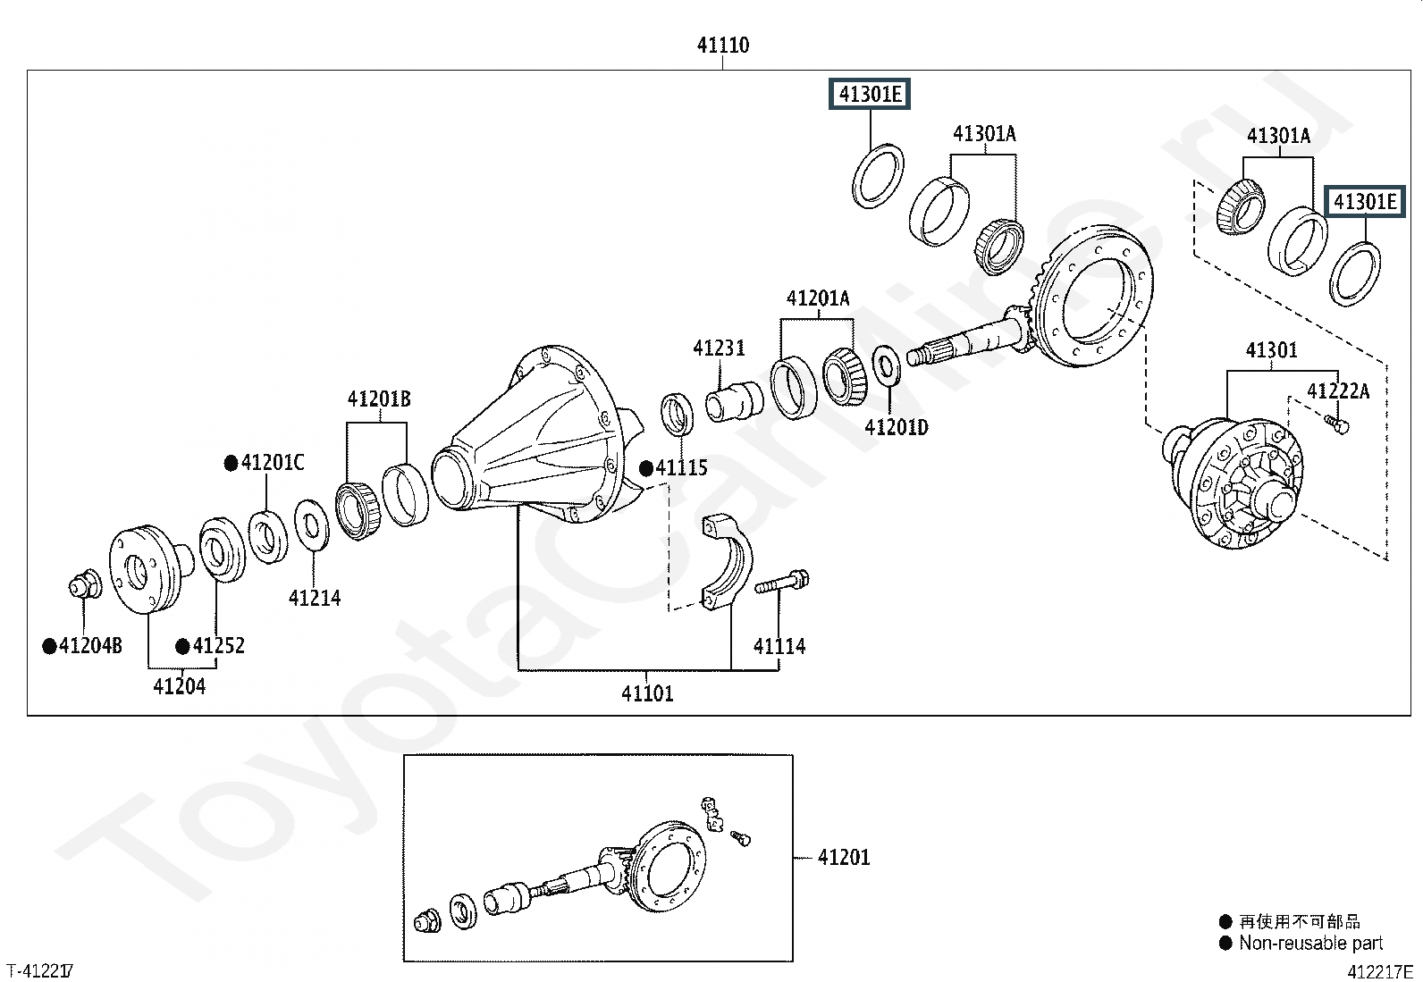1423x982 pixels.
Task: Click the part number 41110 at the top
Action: (723, 45)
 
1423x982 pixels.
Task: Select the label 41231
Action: (719, 348)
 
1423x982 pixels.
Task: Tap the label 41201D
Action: (897, 427)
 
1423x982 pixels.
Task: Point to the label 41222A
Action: (1338, 390)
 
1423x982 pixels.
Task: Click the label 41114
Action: (779, 646)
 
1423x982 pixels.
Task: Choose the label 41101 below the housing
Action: (647, 693)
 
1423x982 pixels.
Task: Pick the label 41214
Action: (315, 598)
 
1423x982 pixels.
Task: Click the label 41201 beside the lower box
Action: (844, 858)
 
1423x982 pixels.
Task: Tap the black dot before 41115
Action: (646, 469)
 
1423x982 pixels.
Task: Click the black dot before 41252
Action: (182, 647)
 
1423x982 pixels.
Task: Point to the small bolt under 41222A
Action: (1335, 424)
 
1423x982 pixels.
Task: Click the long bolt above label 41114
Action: (781, 582)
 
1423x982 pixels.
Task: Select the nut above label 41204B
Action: (85, 585)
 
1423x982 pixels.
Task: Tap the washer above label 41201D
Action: (886, 365)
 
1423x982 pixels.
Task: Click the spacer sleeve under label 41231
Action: (735, 401)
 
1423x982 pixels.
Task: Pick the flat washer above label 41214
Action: (312, 525)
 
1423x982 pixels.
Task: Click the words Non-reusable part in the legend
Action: (1310, 944)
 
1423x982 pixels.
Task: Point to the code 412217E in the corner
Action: (1380, 972)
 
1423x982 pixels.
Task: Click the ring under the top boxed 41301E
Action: (878, 176)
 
